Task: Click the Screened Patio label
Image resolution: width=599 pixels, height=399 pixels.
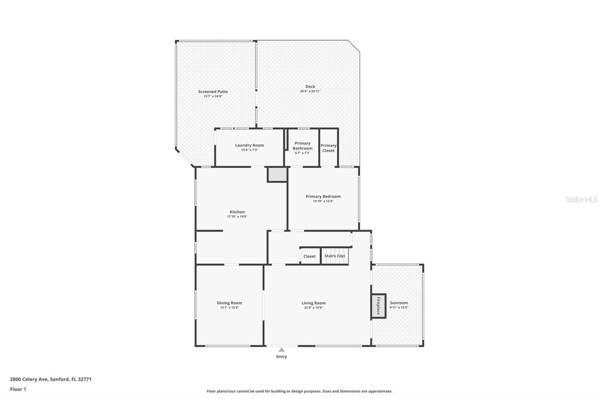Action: (213, 91)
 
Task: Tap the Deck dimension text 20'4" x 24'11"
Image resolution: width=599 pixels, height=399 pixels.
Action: (310, 91)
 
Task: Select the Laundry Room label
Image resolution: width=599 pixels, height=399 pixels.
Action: (249, 145)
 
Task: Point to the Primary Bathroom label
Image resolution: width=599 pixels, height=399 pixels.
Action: (302, 146)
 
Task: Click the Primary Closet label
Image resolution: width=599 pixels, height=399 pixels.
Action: (328, 148)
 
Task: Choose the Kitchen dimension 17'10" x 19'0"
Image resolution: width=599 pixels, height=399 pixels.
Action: (237, 217)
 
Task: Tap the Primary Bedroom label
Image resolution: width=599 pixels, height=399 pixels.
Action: (323, 196)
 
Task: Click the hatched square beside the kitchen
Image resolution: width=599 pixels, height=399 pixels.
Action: (277, 175)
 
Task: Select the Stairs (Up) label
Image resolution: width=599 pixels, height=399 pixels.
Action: (335, 256)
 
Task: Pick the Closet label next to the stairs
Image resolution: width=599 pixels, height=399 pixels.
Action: (310, 256)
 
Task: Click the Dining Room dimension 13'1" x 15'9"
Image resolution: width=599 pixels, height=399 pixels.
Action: (229, 308)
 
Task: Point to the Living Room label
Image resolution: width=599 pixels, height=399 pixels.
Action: (314, 303)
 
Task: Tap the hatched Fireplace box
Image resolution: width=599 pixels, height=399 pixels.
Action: (378, 306)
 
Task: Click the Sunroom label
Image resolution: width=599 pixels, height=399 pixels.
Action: (399, 303)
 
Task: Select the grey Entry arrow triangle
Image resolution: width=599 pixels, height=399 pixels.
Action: (282, 350)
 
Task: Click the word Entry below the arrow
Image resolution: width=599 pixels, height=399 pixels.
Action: (282, 356)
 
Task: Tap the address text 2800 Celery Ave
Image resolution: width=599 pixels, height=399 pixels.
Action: (29, 379)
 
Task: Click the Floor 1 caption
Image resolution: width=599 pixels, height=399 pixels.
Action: (18, 389)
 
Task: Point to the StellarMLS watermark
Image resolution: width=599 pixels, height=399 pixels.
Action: (581, 199)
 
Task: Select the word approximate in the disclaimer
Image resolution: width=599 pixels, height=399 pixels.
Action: (380, 391)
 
